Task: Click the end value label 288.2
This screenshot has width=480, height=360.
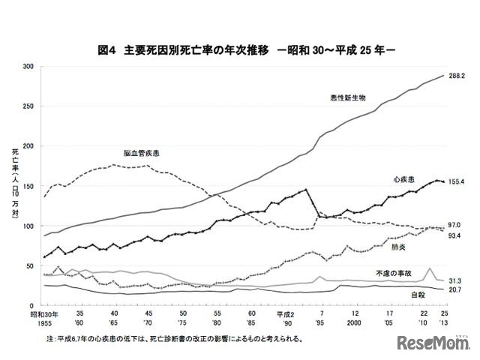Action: tap(458, 76)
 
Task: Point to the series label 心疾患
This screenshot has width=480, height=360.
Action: tap(404, 180)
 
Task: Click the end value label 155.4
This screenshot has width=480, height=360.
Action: tap(458, 182)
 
